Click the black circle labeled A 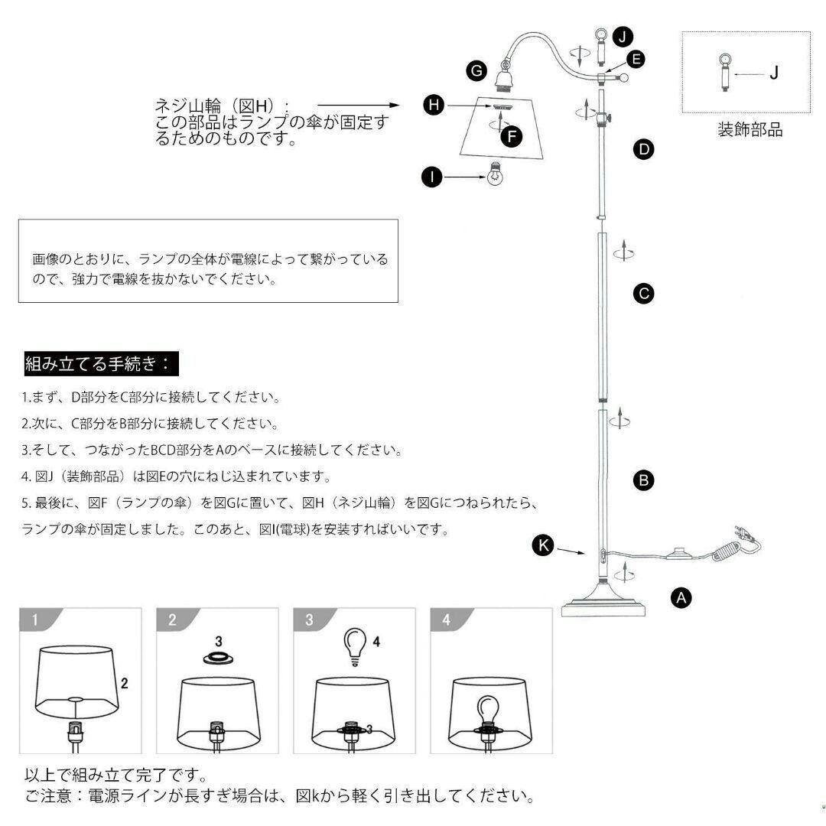click(x=681, y=597)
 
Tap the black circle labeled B click(x=644, y=480)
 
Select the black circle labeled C click(x=644, y=292)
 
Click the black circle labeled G click(x=477, y=71)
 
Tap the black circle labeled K click(x=543, y=545)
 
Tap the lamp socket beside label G click(x=505, y=76)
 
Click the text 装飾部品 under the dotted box click(x=750, y=129)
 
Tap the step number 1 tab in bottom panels click(x=34, y=620)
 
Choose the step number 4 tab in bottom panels click(x=446, y=620)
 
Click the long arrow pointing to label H click(x=358, y=106)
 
